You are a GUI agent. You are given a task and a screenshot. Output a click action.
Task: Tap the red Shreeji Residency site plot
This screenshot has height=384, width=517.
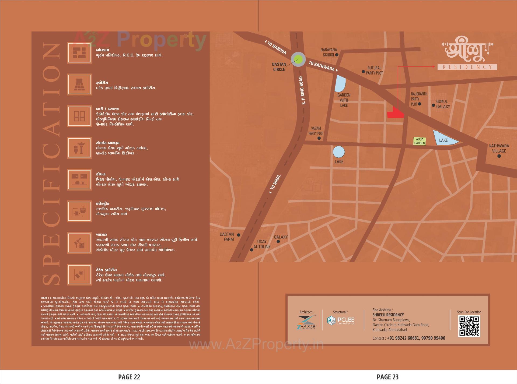(x=396, y=113)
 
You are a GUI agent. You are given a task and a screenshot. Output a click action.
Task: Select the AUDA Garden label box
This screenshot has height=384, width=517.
(x=420, y=141)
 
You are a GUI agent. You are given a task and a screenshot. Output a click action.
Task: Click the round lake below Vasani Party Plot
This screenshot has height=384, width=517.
(x=338, y=152)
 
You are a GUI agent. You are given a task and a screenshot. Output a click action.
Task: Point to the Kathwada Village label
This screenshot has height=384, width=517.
(x=499, y=148)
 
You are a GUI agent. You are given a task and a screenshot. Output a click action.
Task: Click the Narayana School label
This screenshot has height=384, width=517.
(x=329, y=52)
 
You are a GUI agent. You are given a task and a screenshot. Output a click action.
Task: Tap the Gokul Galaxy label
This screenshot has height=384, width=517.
(x=443, y=104)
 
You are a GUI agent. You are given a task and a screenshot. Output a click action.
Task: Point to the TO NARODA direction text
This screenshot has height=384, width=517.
(x=277, y=48)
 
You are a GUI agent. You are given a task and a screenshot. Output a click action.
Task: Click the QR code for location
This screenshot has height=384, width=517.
(x=469, y=326)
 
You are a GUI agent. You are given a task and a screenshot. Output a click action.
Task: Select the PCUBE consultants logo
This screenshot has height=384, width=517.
(x=341, y=320)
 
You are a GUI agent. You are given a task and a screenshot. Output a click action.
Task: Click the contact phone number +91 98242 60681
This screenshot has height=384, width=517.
(x=403, y=338)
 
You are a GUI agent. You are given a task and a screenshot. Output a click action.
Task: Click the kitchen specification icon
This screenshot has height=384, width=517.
(x=79, y=179)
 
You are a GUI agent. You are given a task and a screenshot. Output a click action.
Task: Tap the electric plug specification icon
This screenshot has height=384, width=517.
(x=79, y=211)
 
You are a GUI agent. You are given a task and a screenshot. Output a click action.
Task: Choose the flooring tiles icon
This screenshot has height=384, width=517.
(x=79, y=84)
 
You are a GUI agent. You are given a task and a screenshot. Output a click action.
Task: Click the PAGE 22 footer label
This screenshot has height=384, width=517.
(x=129, y=377)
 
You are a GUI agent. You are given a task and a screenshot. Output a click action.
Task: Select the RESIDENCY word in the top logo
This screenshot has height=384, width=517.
(x=467, y=67)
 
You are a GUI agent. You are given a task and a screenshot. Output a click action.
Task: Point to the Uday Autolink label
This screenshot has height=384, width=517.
(x=262, y=244)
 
